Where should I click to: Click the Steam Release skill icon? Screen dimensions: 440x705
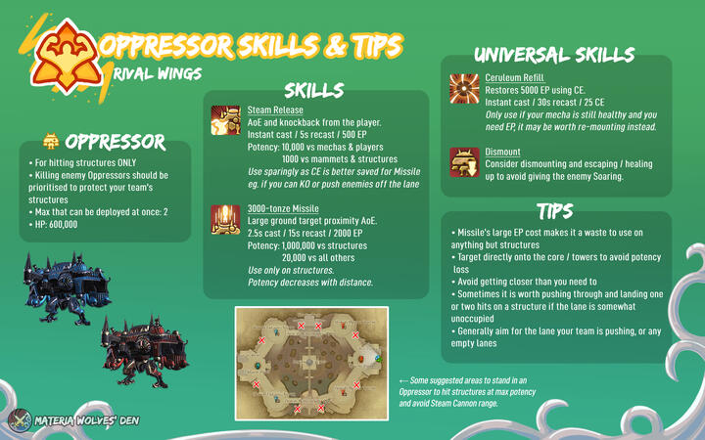pos(226,119)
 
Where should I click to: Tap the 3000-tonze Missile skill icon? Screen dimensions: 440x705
pos(226,219)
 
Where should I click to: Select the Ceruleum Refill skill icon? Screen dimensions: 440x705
pos(464,87)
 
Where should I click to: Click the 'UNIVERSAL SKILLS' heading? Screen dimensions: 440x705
pos(553,55)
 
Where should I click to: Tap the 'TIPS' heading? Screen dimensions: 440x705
pos(555,210)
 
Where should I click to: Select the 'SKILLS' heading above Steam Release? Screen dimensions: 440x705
pos(313,91)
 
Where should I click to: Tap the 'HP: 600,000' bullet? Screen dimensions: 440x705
pos(58,225)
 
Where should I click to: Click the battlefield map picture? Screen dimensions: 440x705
pos(311,359)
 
